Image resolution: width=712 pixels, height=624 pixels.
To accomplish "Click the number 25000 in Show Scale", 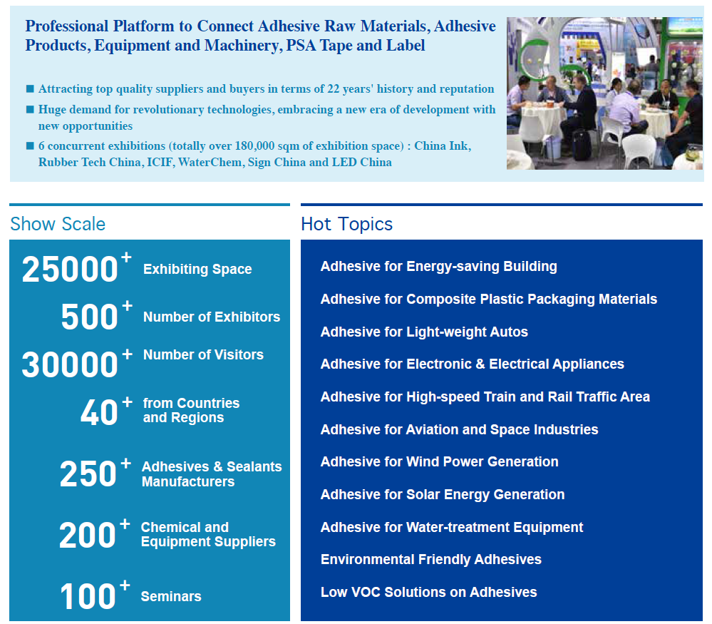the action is (70, 270).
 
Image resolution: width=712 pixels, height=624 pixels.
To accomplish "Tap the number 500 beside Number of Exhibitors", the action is (90, 317).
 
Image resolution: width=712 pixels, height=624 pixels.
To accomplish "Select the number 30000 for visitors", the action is (70, 364).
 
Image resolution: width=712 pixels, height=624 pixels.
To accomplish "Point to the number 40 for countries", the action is (99, 413).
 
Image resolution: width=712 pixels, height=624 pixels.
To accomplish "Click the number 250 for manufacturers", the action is (88, 474).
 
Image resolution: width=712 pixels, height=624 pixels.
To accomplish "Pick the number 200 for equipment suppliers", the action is (87, 535).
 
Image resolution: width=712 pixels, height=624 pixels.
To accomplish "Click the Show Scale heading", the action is (58, 224).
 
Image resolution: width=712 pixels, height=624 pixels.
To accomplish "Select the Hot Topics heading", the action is (347, 224).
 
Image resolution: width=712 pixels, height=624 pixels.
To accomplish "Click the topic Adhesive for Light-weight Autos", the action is (424, 332).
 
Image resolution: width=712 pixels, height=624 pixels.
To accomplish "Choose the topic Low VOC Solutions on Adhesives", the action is (428, 592).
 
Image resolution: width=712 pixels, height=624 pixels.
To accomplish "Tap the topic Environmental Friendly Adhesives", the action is (431, 560).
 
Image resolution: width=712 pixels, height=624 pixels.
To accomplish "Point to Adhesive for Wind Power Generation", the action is (440, 461).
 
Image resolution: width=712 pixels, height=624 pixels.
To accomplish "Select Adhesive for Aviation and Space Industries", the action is (460, 429).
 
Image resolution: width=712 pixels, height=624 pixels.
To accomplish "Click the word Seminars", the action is (171, 596).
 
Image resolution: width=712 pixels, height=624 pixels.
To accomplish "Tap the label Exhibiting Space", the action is (197, 269).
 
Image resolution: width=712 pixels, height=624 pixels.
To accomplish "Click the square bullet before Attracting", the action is (30, 88).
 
